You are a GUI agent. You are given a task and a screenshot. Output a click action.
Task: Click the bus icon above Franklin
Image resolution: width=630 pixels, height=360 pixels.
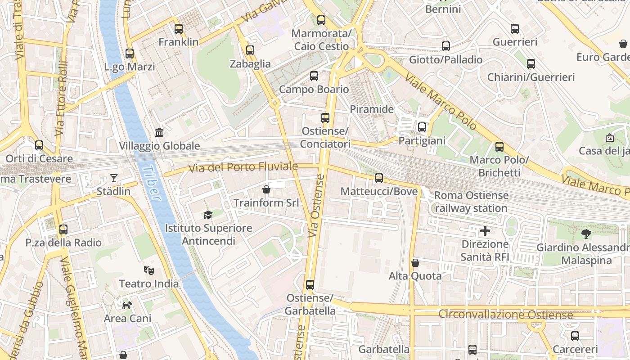click(x=179, y=29)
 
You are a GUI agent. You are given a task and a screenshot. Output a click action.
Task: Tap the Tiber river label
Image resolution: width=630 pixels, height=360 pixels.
click(x=151, y=183)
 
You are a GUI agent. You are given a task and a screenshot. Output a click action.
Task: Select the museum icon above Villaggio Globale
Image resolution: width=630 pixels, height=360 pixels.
click(x=159, y=132)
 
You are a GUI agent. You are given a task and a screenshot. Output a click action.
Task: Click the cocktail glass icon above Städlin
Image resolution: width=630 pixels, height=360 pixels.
click(x=114, y=178)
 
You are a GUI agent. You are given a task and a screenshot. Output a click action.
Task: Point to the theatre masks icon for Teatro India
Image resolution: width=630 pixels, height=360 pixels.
click(x=149, y=270)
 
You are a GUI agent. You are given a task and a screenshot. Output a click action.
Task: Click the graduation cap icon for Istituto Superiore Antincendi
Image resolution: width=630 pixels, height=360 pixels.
click(x=207, y=215)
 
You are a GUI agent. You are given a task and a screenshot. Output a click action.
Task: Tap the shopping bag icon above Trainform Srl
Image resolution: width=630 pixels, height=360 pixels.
click(x=266, y=189)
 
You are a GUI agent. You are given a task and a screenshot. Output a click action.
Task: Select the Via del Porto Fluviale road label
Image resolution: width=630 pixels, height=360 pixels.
click(x=243, y=167)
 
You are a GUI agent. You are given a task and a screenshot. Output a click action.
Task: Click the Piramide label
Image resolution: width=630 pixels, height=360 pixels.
click(x=372, y=109)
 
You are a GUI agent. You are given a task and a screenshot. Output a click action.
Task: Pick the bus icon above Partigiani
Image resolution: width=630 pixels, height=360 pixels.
click(x=422, y=127)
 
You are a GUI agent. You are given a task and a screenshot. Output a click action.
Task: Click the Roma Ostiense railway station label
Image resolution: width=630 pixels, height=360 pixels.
click(x=471, y=202)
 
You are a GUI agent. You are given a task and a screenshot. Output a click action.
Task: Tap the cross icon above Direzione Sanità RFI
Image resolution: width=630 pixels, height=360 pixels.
click(x=485, y=231)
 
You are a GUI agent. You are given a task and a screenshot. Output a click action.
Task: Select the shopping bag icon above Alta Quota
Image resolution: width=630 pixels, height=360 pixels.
click(x=415, y=263)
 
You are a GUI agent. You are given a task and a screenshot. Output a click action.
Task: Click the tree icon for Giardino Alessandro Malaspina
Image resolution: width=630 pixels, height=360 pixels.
click(x=586, y=234)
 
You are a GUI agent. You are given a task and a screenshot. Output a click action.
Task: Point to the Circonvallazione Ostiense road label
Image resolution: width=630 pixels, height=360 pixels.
click(x=505, y=314)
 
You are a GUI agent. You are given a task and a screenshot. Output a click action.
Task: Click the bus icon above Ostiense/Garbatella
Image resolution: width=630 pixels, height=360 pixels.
click(x=310, y=285)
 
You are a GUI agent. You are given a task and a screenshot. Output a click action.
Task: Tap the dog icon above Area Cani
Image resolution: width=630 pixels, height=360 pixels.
click(x=127, y=305)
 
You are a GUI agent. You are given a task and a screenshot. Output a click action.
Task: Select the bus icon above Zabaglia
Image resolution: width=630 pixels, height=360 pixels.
click(x=250, y=50)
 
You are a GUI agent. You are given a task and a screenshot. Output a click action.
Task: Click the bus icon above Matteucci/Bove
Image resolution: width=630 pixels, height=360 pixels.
click(x=379, y=178)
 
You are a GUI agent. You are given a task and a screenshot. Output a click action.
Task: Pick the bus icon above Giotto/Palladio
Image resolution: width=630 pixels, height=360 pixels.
click(x=445, y=46)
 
